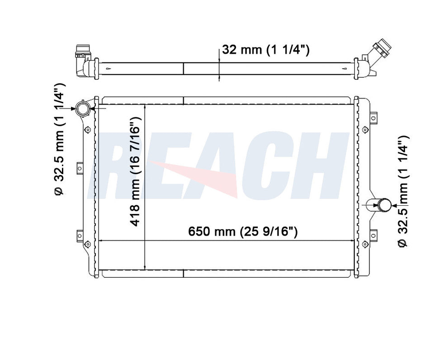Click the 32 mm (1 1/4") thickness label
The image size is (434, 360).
click(x=266, y=50)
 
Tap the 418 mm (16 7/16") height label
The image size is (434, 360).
click(x=136, y=171)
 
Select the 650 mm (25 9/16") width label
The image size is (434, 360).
click(x=243, y=232)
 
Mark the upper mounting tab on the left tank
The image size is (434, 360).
click(x=79, y=168)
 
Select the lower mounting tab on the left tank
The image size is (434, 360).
click(x=79, y=235)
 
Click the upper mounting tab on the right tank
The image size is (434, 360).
click(x=373, y=118)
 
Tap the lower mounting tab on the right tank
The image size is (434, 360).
click(x=373, y=235)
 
